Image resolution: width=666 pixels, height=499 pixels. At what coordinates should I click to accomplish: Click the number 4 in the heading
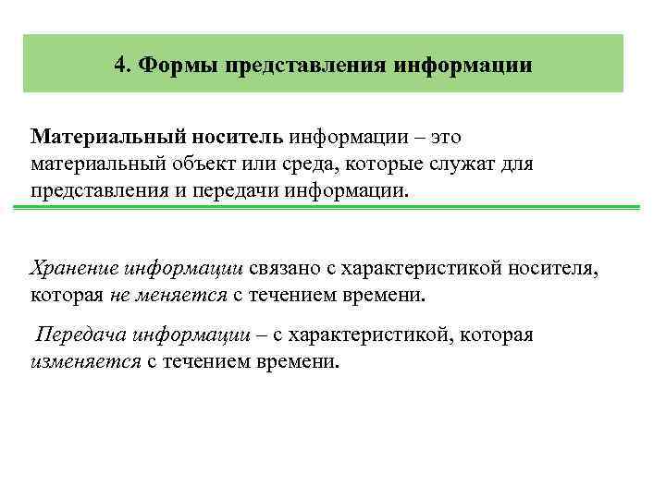(121, 66)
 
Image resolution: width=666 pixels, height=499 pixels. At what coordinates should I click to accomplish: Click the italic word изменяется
(84, 360)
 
